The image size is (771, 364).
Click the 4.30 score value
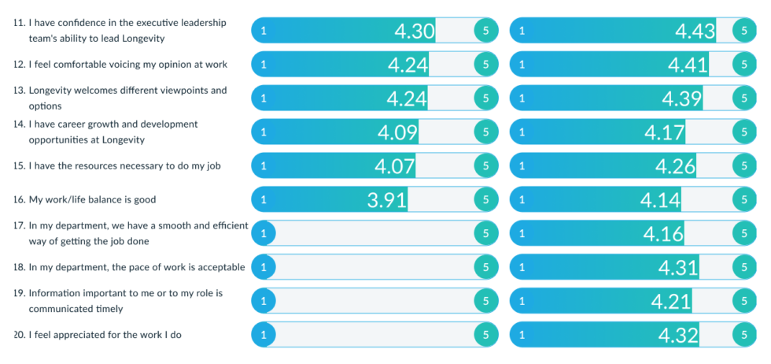[414, 31]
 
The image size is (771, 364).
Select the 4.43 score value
[695, 31]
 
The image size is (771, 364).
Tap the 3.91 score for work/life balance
[387, 200]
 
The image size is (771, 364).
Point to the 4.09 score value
[397, 132]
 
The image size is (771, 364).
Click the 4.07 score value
[395, 166]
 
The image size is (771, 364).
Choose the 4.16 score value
[663, 234]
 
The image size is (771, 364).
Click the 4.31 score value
[677, 268]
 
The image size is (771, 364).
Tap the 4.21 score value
[670, 302]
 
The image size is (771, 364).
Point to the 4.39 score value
[681, 98]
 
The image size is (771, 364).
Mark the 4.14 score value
[660, 200]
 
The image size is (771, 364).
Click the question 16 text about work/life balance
[87, 200]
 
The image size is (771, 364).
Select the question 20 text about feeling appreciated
[105, 335]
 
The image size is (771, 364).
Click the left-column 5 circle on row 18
[485, 268]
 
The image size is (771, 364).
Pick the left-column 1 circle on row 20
[263, 336]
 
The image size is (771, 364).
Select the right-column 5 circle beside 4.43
[743, 31]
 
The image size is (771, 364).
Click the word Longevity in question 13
[53, 91]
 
